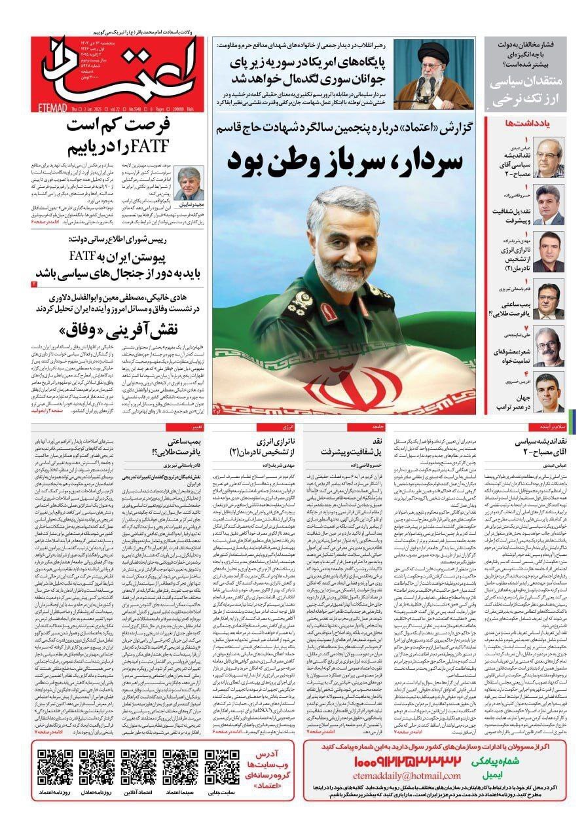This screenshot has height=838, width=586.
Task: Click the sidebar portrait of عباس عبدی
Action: point(547,158)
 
